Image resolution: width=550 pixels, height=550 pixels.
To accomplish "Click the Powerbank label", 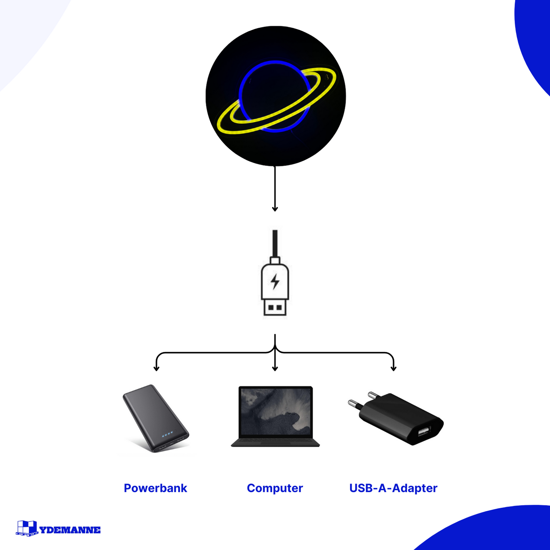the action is (x=155, y=488).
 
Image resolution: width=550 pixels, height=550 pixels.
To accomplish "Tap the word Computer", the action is (x=274, y=488).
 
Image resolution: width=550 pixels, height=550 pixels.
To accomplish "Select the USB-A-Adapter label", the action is (x=393, y=488).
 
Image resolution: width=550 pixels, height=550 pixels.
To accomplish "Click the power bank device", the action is (x=156, y=418).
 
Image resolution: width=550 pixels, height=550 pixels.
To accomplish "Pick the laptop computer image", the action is (x=275, y=416).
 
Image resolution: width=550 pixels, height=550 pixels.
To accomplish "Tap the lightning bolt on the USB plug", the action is (x=275, y=281).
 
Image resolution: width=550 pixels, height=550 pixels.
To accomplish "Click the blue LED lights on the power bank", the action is (x=167, y=435).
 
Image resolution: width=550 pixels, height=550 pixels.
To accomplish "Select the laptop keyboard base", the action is (x=275, y=443).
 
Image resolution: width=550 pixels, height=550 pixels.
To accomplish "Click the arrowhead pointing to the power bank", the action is (x=156, y=368).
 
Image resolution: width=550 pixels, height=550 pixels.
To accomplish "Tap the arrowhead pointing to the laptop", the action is (x=275, y=368).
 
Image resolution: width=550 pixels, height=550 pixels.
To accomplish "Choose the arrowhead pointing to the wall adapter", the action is (x=393, y=368).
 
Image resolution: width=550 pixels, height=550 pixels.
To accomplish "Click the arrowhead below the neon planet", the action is (x=275, y=209).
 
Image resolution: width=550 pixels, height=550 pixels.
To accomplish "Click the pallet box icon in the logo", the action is (x=27, y=528).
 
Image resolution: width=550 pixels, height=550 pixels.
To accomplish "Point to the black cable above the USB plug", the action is (x=275, y=244).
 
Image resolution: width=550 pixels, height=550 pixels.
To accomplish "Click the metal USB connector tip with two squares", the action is (x=275, y=308).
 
